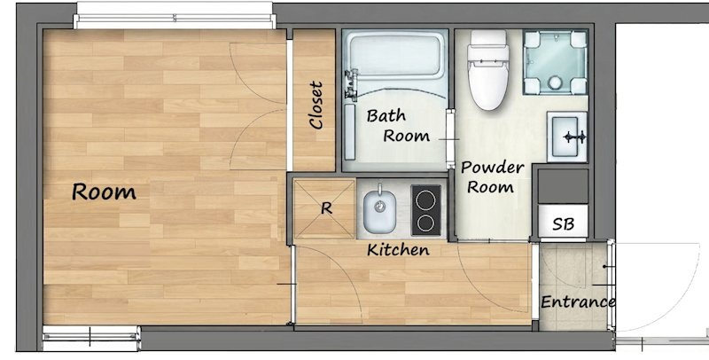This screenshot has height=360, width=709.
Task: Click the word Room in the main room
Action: [104, 192]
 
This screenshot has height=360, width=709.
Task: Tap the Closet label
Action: [316, 105]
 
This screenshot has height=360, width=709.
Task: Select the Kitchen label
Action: [398, 250]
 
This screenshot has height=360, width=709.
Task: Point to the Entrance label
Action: [578, 301]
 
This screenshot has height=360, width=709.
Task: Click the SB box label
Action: [564, 224]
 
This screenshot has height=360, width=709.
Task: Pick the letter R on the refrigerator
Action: [326, 208]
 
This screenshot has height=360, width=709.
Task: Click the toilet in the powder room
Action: [488, 70]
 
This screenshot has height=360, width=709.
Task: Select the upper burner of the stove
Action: [425, 200]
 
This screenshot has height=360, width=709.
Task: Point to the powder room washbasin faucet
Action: [574, 137]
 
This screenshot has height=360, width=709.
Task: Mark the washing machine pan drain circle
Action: [555, 82]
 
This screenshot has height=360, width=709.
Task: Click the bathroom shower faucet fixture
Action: [351, 83]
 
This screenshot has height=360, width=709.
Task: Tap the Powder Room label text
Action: [492, 176]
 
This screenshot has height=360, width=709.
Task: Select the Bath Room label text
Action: [398, 125]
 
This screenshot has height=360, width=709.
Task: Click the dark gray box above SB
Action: [563, 186]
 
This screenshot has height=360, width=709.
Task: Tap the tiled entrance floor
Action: [573, 286]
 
